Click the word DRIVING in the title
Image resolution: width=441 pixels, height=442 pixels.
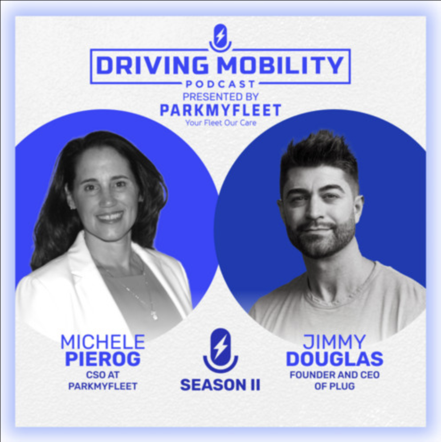tap(152, 65)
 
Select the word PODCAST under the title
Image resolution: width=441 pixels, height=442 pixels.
tap(220, 84)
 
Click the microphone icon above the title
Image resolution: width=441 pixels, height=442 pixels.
tap(220, 37)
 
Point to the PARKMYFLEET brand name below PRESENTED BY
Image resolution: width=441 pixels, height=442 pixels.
tap(220, 110)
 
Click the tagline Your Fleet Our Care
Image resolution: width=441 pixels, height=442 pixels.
tap(220, 123)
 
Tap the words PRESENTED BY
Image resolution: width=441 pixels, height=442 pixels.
tap(220, 96)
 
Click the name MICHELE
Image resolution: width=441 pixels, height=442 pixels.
tap(102, 342)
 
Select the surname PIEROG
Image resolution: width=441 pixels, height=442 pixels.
tap(102, 359)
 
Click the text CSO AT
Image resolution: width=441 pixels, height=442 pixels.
tap(102, 375)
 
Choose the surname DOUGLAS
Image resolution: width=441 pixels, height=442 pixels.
tap(334, 359)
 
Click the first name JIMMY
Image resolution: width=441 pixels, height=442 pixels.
tap(334, 342)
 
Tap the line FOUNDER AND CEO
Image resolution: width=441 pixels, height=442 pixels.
tap(334, 375)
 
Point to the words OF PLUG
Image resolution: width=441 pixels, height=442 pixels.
tap(334, 386)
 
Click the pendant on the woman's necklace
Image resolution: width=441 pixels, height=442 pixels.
tap(154, 315)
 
